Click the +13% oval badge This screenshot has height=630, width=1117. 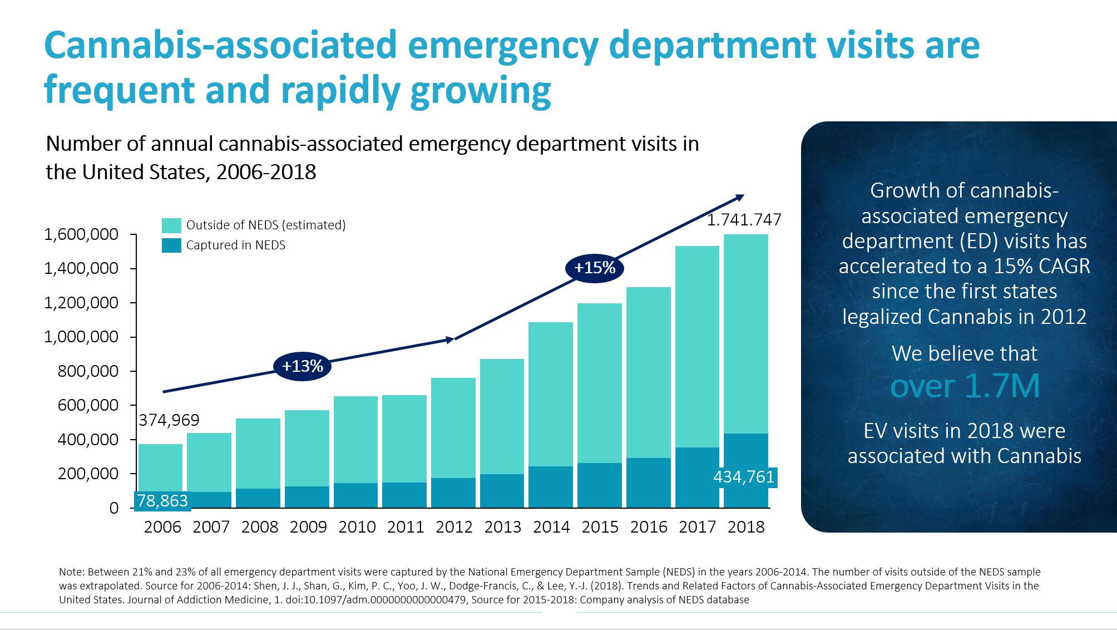click(302, 366)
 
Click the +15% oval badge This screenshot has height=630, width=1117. click(595, 268)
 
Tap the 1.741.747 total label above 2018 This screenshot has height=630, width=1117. click(744, 220)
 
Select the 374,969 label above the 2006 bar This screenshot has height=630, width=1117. click(169, 420)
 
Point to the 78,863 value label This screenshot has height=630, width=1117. click(162, 501)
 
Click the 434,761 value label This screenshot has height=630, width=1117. click(744, 477)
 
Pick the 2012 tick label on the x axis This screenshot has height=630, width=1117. click(454, 527)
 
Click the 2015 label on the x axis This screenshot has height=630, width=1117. click(600, 527)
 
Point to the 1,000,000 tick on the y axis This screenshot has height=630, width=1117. click(81, 337)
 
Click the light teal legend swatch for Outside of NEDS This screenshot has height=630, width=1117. click(171, 225)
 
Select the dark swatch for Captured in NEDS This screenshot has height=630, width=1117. click(171, 245)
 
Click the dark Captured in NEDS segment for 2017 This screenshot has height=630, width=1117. click(697, 477)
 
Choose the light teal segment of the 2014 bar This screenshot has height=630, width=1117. click(551, 394)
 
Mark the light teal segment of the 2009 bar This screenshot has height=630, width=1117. click(307, 448)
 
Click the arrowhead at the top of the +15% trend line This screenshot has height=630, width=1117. click(739, 196)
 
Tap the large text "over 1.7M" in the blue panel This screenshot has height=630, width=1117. click(965, 386)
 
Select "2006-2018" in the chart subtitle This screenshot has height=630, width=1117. click(266, 173)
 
